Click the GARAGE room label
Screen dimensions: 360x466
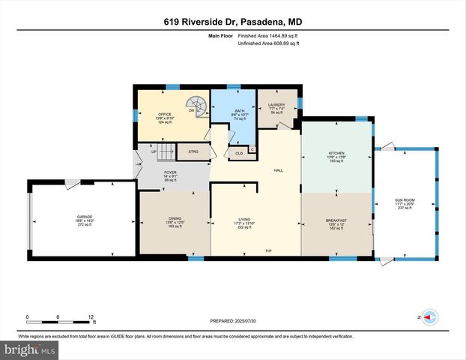pyautogui.click(x=84, y=217)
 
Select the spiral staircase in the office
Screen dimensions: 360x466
pyautogui.click(x=197, y=106)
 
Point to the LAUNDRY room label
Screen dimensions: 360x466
pyautogui.click(x=276, y=105)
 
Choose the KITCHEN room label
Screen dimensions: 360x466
pyautogui.click(x=336, y=152)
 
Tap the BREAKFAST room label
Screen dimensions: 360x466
pyautogui.click(x=336, y=220)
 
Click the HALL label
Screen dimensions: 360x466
pyautogui.click(x=278, y=171)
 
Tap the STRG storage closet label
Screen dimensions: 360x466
pyautogui.click(x=193, y=151)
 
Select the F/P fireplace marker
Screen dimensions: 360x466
pyautogui.click(x=269, y=250)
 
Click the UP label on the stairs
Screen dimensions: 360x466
pyautogui.click(x=154, y=151)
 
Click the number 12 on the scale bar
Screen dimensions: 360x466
pyautogui.click(x=91, y=316)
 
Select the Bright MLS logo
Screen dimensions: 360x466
pyautogui.click(x=28, y=349)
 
